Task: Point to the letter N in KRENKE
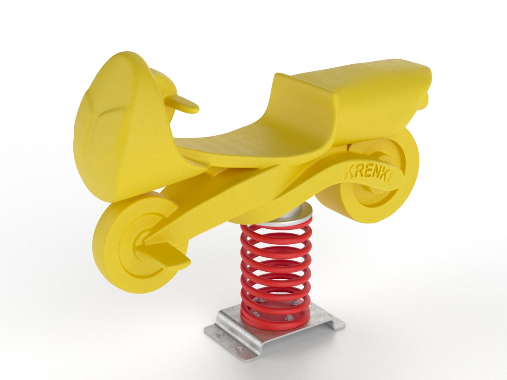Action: pos(378,175)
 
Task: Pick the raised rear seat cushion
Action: pos(363,76)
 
